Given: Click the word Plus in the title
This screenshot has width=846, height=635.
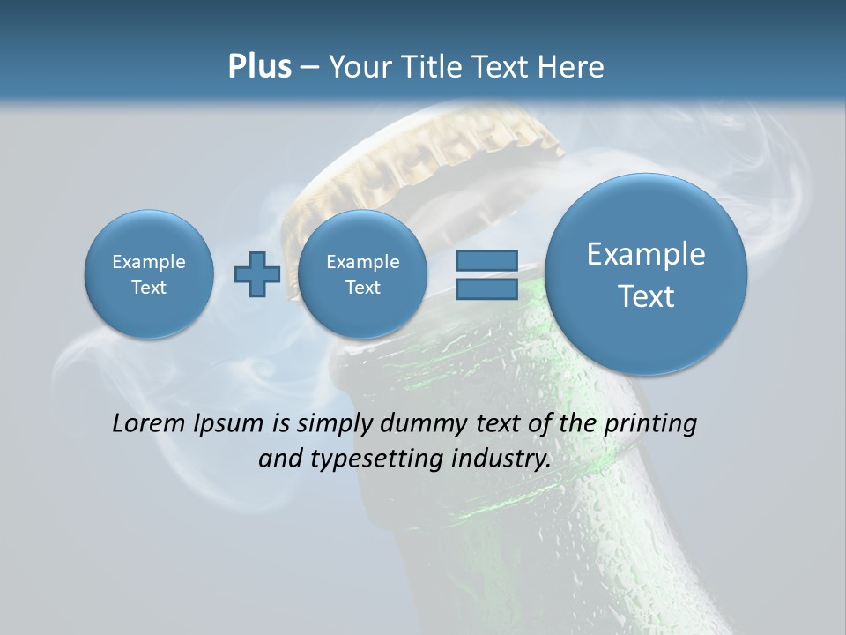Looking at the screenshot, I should coord(259,67).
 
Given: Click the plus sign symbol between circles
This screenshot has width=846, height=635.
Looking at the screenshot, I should coord(256,274).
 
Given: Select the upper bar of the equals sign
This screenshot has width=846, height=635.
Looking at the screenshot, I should coord(486,261).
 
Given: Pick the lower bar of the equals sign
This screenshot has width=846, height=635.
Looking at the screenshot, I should coord(486,290).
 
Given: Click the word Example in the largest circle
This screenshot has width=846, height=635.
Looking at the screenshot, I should coord(646,254).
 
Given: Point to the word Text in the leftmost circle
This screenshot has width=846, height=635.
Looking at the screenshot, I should coord(149,288).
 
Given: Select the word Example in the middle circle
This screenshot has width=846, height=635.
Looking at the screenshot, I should coord(362,262).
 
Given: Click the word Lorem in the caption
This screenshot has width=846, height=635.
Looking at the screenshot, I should coord(149,423).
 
